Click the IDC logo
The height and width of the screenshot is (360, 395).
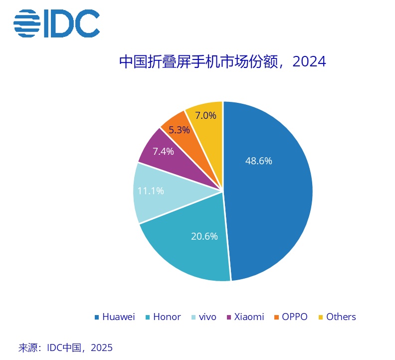coord(56,22)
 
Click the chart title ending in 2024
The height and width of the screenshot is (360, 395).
coord(222,62)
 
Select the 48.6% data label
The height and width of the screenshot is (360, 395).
coord(259,161)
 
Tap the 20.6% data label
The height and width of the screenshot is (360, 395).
coord(204,236)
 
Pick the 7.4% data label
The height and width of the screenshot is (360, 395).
coord(163,151)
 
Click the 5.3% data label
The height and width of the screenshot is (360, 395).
coord(179,130)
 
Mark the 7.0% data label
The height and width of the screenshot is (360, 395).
coord(205,115)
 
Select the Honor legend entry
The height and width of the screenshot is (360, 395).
coord(167,317)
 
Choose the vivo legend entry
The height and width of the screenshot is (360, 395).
coord(207,317)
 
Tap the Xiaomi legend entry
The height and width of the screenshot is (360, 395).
coord(249,317)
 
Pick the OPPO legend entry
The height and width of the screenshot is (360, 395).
coord(294,317)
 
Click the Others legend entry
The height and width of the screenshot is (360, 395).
coord(341,317)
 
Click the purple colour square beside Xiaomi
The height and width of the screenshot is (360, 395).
coord(229,317)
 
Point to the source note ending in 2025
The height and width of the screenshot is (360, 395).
coord(65,347)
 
